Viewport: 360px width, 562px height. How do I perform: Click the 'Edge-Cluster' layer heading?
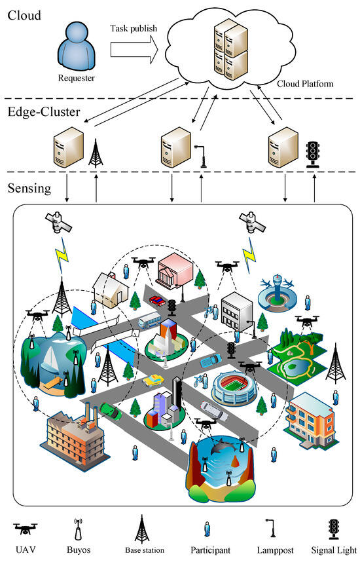43,112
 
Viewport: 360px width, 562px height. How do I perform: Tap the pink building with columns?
173,267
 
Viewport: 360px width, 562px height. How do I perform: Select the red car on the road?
157,301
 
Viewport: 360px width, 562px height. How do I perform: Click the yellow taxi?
153,380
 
